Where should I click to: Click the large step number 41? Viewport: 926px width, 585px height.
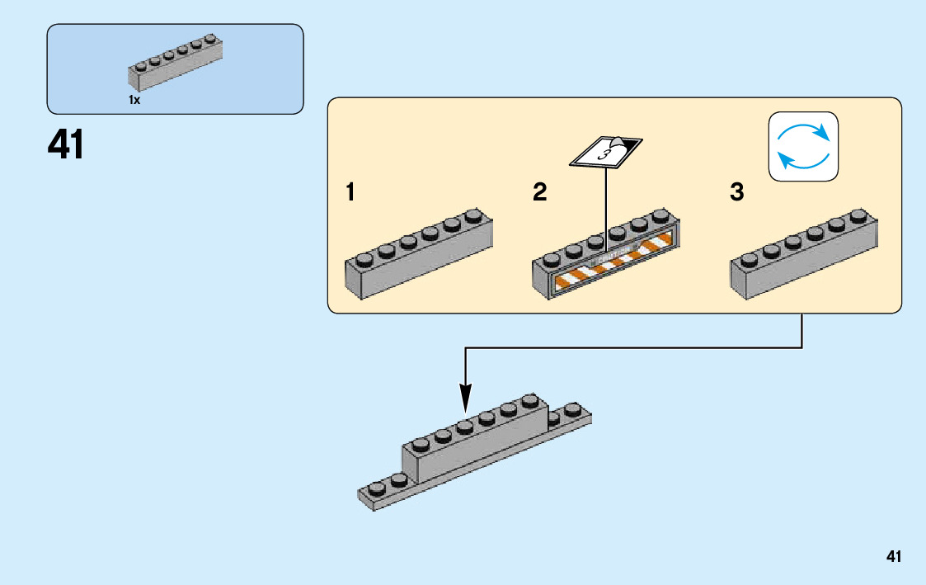point(66,145)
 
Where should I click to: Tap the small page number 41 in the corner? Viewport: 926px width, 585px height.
point(893,557)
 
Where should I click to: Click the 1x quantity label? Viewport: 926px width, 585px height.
point(134,100)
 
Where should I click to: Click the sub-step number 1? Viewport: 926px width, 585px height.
point(350,193)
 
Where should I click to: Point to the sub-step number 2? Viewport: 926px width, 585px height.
point(540,193)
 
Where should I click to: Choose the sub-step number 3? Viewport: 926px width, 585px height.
point(736,193)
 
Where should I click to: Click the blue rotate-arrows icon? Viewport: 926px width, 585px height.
point(803,146)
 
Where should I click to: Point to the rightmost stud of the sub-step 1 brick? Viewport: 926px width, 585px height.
point(473,216)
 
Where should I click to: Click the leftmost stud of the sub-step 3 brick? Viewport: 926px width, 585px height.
point(748,259)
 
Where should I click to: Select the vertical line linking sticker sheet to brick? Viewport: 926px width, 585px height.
point(606,206)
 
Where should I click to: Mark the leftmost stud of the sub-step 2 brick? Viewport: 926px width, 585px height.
point(550,259)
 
